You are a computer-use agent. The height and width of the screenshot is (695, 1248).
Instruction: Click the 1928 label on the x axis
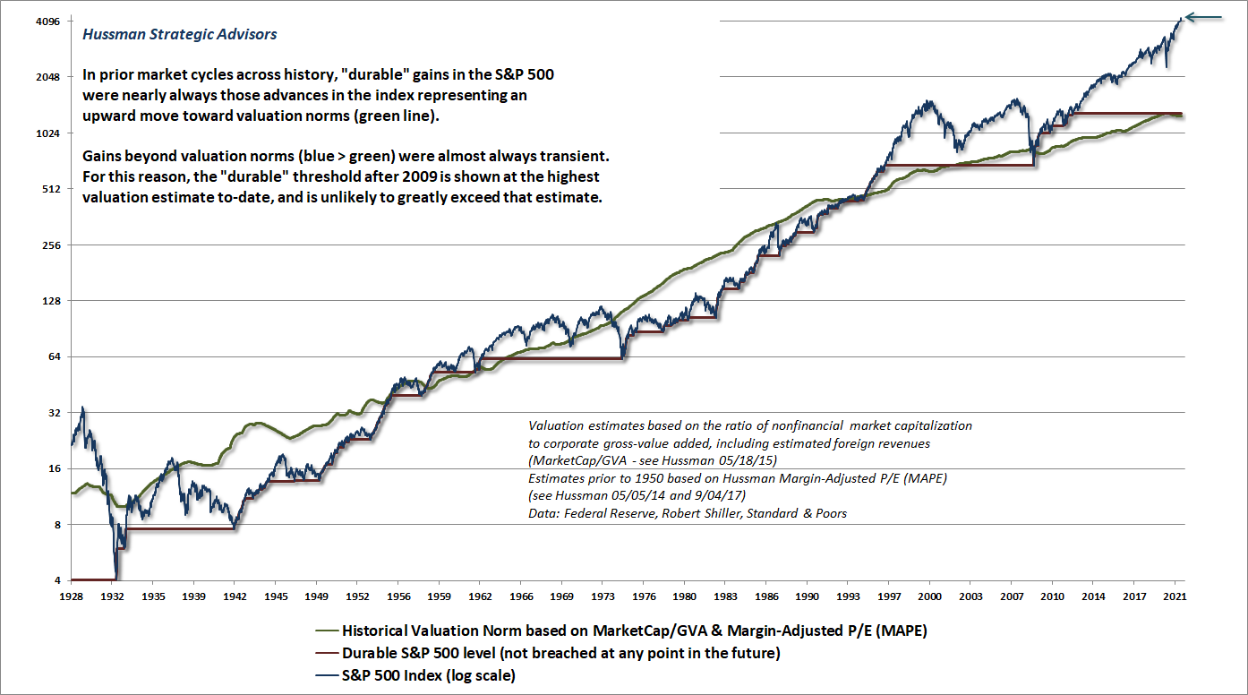(72, 595)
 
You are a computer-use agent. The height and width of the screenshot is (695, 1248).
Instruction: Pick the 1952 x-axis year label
(358, 595)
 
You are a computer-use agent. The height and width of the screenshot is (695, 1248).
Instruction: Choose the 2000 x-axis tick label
(930, 595)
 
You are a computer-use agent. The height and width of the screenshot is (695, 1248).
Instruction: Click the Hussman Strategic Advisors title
(179, 35)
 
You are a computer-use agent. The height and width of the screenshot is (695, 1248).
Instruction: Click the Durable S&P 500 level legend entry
(560, 653)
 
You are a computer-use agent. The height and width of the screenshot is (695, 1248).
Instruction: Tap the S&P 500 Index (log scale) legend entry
(428, 675)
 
